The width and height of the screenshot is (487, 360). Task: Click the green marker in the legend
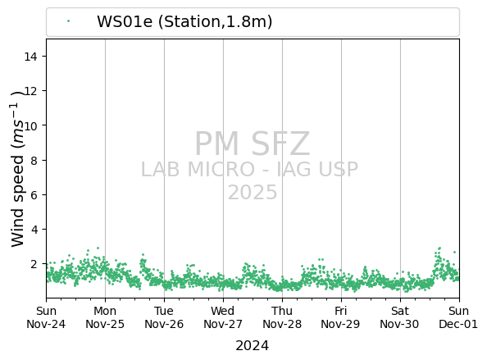coord(68,21)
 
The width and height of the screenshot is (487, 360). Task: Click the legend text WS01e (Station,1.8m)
coord(184,22)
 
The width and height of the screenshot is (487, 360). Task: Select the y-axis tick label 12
coord(31,91)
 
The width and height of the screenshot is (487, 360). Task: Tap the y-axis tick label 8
coord(34,160)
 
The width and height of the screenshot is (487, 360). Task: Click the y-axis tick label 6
coord(34,195)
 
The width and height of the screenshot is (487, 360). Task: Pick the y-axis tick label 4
coord(34,230)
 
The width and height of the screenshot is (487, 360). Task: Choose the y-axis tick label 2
coord(34,264)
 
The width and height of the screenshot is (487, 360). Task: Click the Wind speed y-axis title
coord(18,169)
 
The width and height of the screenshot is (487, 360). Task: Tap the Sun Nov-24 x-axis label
coord(46,317)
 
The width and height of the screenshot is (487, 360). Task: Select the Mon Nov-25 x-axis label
coord(105,317)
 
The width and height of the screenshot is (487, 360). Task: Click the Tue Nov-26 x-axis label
coord(164,317)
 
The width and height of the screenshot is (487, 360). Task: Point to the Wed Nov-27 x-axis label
coord(223,317)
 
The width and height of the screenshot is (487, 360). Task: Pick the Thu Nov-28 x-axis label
coord(282,317)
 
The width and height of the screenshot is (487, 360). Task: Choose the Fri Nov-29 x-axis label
coord(341,317)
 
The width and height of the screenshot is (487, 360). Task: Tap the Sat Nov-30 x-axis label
coord(400,317)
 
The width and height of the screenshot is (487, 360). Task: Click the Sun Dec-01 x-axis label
coord(458,317)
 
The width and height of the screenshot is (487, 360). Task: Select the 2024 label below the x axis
coord(253,346)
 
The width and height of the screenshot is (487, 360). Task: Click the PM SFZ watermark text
coord(253,144)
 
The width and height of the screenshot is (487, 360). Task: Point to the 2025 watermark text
coord(253,192)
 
